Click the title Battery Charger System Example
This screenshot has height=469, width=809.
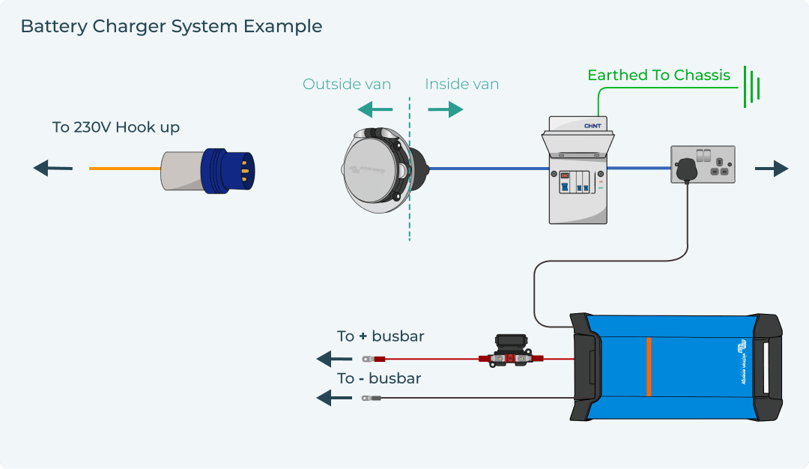(171, 26)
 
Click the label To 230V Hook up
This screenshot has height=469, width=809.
(115, 127)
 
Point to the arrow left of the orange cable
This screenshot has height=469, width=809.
(53, 169)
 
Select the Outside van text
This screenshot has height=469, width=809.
(347, 84)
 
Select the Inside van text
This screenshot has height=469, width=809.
(461, 84)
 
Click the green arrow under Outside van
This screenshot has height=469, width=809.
(375, 110)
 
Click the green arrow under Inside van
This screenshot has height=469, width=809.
(446, 110)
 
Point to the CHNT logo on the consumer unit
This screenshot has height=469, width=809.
(593, 126)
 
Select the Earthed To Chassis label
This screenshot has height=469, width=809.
(658, 75)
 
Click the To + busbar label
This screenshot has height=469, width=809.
(381, 336)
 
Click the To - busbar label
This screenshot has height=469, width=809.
(379, 378)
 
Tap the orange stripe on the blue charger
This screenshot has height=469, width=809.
(648, 367)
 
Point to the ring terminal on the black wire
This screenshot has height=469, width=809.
(367, 399)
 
